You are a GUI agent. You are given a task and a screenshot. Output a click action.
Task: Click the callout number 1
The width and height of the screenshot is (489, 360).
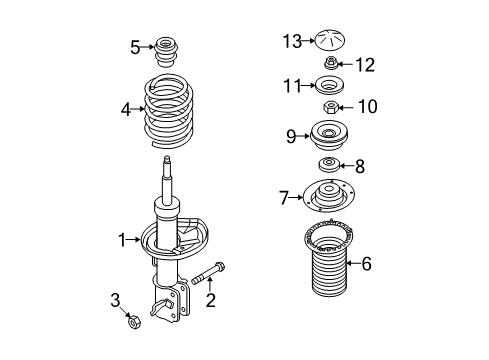(121, 239)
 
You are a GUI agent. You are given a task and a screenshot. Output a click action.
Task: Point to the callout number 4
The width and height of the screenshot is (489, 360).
(126, 109)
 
